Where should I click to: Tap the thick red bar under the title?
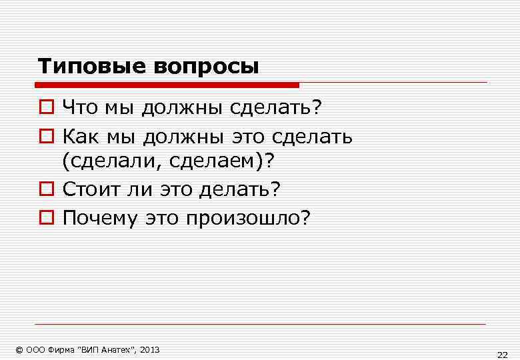pyautogui.click(x=167, y=85)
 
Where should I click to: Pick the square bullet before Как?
pyautogui.click(x=45, y=137)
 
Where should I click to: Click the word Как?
pyautogui.click(x=79, y=136)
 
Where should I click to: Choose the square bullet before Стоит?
pyautogui.click(x=45, y=190)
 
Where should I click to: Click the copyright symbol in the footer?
pyautogui.click(x=19, y=349)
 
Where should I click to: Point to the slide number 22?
pyautogui.click(x=502, y=354)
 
